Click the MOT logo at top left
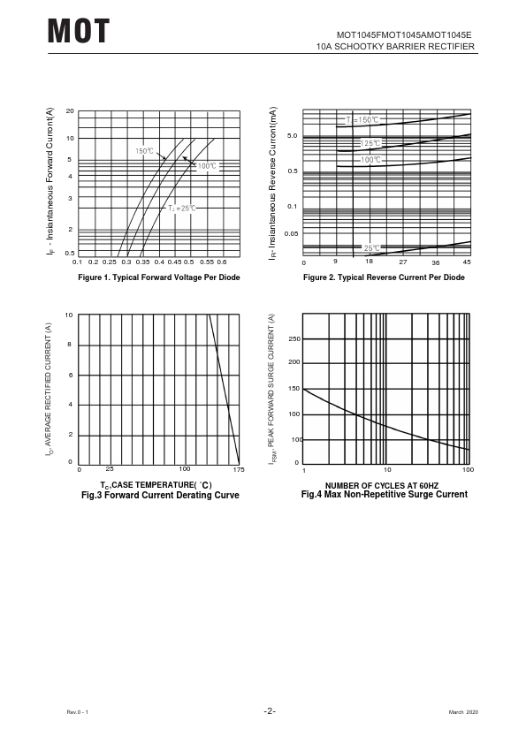(x=79, y=31)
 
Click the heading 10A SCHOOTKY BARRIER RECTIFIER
(x=395, y=47)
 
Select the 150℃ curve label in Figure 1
(x=145, y=151)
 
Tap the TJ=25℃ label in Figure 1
(x=182, y=209)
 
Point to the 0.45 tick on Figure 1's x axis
(x=174, y=262)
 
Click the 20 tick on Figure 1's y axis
(x=70, y=111)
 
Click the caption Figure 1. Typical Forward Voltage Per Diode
(x=159, y=277)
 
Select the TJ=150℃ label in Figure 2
(x=362, y=120)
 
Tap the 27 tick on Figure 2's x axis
(x=403, y=262)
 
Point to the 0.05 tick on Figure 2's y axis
(x=291, y=233)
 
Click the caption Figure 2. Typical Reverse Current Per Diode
(x=384, y=277)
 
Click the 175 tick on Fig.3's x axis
(x=239, y=469)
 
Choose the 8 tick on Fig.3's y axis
(x=69, y=345)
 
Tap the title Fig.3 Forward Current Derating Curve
(x=161, y=495)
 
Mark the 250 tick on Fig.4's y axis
(x=294, y=338)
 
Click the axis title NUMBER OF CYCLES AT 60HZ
(x=382, y=485)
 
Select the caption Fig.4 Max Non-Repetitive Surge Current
(x=385, y=495)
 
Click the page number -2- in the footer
(x=270, y=710)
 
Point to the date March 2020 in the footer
(x=464, y=711)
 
